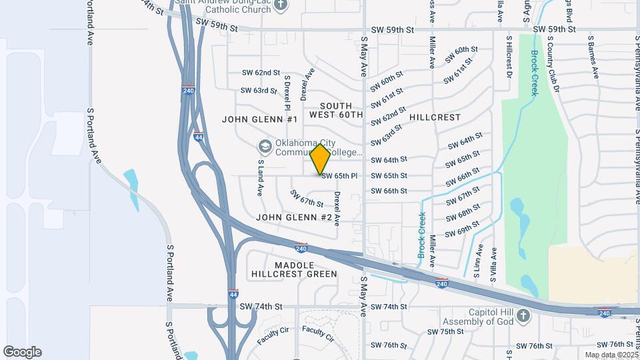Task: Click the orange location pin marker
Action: (x=320, y=159)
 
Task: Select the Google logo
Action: (x=22, y=352)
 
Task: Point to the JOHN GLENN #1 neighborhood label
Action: (x=259, y=119)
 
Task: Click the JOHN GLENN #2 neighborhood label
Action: (x=294, y=217)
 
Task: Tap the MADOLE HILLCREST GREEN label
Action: (x=294, y=269)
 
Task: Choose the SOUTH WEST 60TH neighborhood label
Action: (x=341, y=110)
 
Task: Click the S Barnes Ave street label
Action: (x=591, y=57)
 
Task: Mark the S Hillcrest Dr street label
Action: (x=509, y=58)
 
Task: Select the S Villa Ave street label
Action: (x=494, y=264)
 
